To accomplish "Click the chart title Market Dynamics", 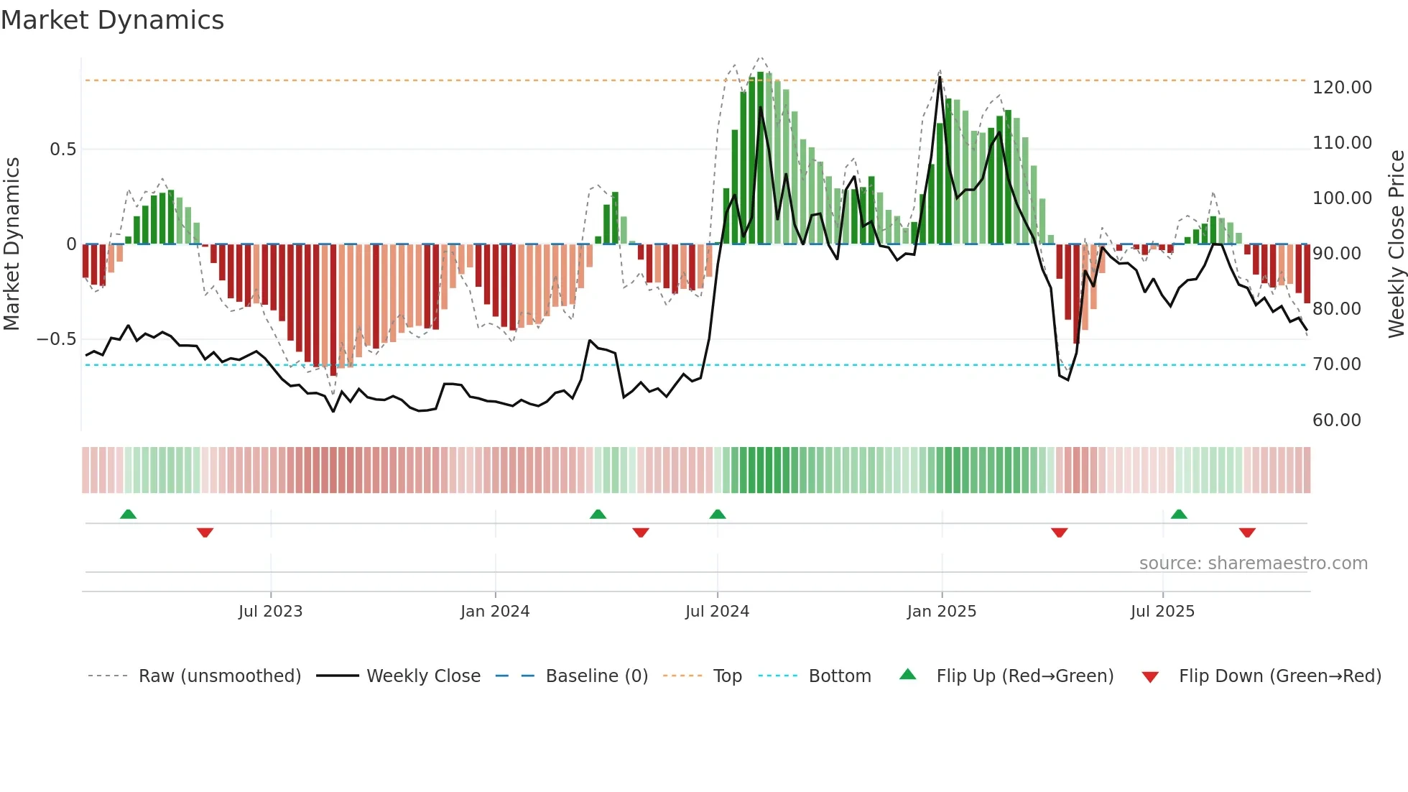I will (x=112, y=20).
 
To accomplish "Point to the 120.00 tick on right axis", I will (x=1342, y=88).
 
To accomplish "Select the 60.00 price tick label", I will (x=1336, y=420).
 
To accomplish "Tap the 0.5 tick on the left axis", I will (x=62, y=149).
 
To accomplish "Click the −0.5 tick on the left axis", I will (x=57, y=339).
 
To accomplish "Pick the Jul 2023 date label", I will (x=270, y=612).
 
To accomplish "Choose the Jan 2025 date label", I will (x=941, y=612).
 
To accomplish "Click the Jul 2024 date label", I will (x=717, y=612).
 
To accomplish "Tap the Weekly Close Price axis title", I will (x=1396, y=244).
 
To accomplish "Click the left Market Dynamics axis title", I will (x=11, y=244).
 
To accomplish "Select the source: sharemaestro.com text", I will (x=1253, y=563).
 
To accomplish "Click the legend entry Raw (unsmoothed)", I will (x=219, y=676).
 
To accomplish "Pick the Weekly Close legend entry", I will (x=423, y=676).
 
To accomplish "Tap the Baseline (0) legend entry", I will (x=596, y=676).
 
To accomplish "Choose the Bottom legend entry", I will (x=839, y=676).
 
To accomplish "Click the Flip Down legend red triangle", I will (x=1150, y=677).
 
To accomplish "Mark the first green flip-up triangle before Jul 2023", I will (x=128, y=514).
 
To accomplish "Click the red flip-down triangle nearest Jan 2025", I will (x=1059, y=533).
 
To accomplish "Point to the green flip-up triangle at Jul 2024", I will (x=717, y=514).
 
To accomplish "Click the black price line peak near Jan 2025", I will (x=940, y=77).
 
